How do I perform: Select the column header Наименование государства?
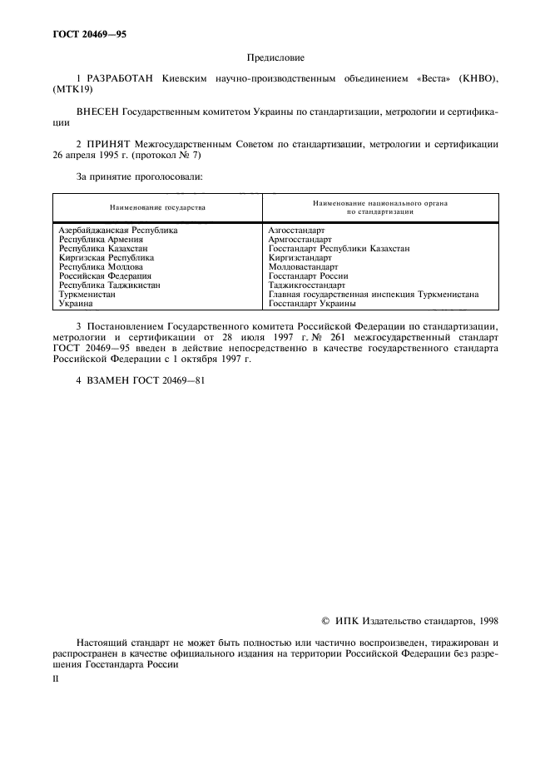pyautogui.click(x=157, y=207)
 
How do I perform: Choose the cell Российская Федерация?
pyautogui.click(x=105, y=275)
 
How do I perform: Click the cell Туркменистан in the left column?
pyautogui.click(x=87, y=294)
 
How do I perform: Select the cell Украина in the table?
pyautogui.click(x=76, y=303)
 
